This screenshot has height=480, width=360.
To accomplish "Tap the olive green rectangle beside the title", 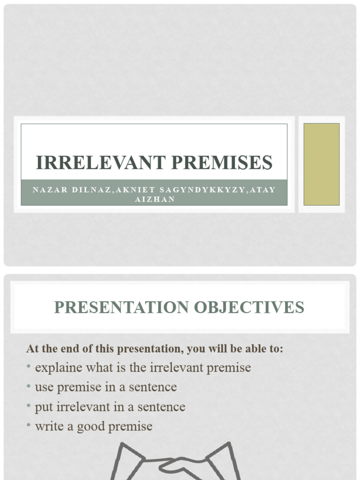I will tap(321, 164).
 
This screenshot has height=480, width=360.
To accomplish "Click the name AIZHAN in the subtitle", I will tap(154, 199).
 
